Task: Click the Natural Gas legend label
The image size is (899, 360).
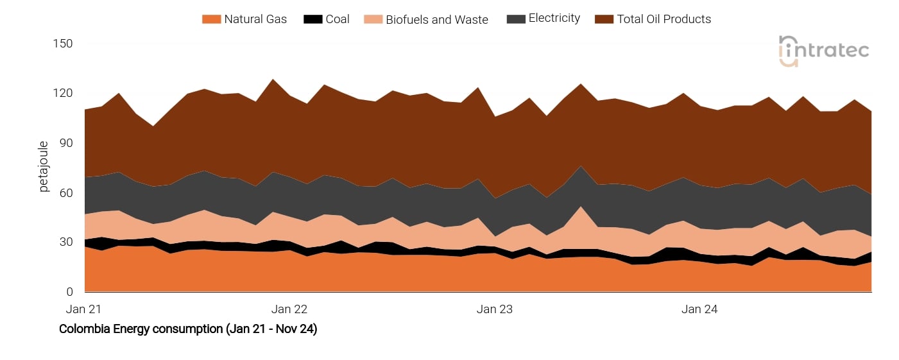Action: point(255,19)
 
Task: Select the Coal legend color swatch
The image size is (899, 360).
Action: point(313,19)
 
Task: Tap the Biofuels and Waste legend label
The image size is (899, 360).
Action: point(436,19)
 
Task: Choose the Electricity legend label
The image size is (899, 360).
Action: point(554,19)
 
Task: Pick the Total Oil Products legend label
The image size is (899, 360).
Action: point(664,19)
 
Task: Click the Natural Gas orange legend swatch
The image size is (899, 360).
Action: point(211,19)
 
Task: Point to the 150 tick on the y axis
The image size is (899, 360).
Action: point(64,44)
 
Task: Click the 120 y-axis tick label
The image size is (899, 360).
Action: point(64,93)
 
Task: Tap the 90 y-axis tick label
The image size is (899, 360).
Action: point(66,143)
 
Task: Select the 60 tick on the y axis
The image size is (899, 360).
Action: point(66,193)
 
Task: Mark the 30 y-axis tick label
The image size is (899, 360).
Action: point(66,242)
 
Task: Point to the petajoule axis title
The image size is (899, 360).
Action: point(44,167)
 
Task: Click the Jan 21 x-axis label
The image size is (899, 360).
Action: point(84,309)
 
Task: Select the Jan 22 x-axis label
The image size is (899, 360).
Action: point(289,309)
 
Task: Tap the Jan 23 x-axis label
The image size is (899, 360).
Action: point(495,309)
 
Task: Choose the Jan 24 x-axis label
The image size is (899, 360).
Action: point(699,309)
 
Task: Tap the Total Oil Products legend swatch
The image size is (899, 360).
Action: point(604,19)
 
